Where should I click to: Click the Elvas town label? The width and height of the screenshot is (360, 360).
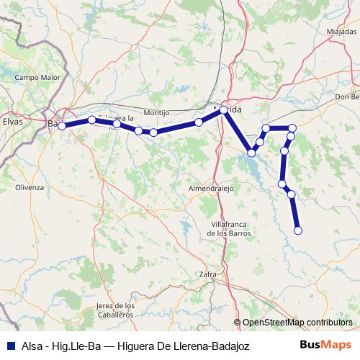tap(13, 122)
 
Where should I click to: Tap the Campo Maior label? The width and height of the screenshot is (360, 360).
tap(35, 77)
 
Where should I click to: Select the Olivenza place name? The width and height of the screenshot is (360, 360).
tap(30, 186)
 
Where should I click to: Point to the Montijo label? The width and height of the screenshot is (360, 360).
tap(156, 113)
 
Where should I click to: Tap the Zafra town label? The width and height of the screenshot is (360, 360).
tap(207, 274)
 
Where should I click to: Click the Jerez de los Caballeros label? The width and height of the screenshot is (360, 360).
tap(115, 310)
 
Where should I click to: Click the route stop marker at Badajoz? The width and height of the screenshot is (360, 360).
tap(62, 126)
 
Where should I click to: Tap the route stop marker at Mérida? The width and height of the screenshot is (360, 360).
tap(224, 110)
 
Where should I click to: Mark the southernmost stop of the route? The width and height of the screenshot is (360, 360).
tap(297, 230)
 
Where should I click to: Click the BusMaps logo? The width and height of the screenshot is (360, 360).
tap(326, 346)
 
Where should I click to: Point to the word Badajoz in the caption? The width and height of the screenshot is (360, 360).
tap(228, 346)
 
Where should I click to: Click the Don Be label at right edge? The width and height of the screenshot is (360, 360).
tap(346, 97)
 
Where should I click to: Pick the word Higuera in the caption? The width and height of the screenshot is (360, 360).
tap(136, 346)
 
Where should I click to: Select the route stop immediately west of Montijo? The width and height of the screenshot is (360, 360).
tap(138, 130)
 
